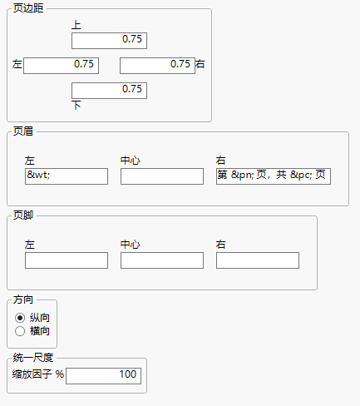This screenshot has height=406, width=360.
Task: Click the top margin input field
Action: coord(109,40)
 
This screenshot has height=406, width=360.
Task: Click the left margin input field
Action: coord(62,65)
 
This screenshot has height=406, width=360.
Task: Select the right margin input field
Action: coord(157,65)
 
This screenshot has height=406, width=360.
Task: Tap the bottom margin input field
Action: coord(109,91)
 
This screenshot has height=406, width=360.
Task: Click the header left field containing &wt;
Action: coord(67,176)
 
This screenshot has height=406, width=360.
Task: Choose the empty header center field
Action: coord(162,176)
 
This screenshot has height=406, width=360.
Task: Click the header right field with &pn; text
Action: coord(274,176)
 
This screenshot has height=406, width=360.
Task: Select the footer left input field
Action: coord(67,260)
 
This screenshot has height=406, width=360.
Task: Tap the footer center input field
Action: coord(162,260)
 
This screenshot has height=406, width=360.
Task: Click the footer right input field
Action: coord(258,260)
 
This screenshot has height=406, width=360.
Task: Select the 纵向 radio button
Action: coord(20,317)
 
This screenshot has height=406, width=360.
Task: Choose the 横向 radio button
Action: coord(20,331)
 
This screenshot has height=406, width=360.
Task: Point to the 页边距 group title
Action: coord(29,8)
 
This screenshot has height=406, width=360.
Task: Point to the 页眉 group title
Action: coord(24,131)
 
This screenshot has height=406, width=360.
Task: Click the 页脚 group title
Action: coord(24,215)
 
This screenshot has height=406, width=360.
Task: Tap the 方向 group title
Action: coord(24,300)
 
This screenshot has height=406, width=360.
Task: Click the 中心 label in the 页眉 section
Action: coord(131,160)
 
